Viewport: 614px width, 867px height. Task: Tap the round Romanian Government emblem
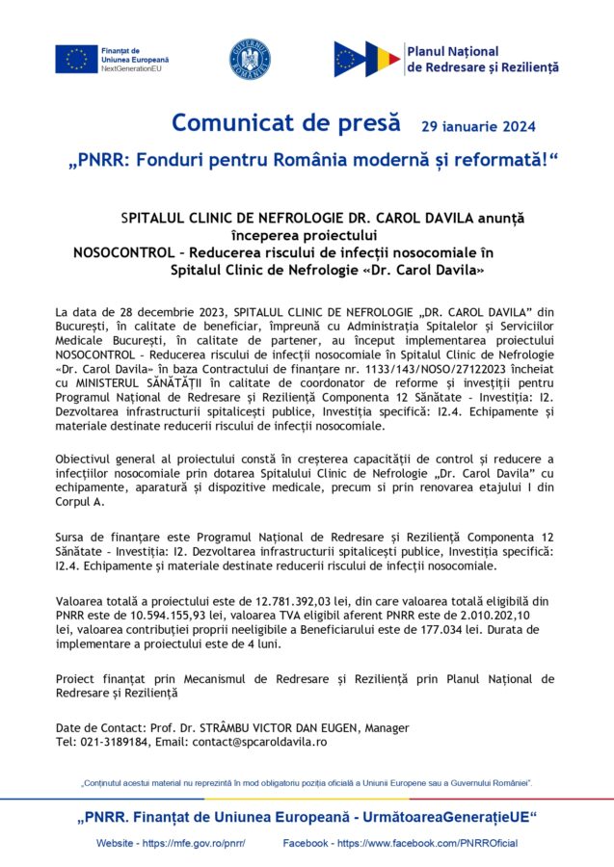[x=250, y=60]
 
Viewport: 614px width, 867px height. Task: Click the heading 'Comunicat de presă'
[x=285, y=123]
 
